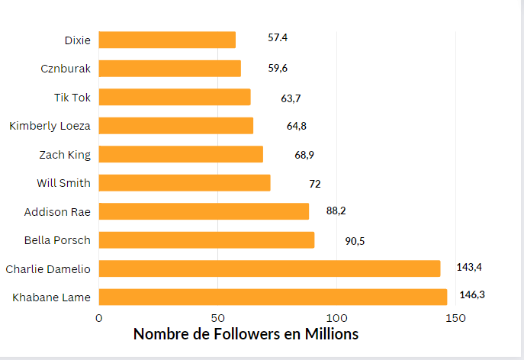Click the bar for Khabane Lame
[x=272, y=297]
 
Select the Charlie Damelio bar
[x=269, y=268]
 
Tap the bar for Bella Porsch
[x=206, y=239]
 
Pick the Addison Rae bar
[x=204, y=211]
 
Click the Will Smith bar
[x=184, y=183]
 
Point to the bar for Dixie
[x=167, y=40]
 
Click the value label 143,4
[x=470, y=267]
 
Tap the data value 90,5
[x=355, y=240]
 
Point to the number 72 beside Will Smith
[x=314, y=184]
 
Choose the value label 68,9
[x=304, y=155]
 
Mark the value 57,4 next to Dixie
[x=278, y=37]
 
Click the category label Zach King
[x=65, y=155]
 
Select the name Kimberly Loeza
[x=50, y=126]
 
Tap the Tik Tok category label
[x=72, y=98]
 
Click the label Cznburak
[x=66, y=69]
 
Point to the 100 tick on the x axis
[x=336, y=317]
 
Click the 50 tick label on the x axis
[x=217, y=317]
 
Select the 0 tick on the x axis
[x=98, y=317]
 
